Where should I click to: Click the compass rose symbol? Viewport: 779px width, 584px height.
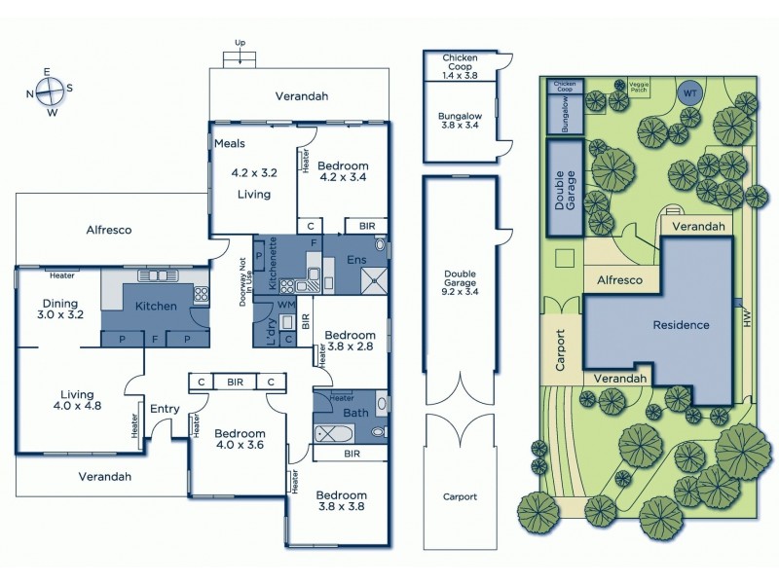49,91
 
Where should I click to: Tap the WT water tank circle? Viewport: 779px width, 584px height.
690,92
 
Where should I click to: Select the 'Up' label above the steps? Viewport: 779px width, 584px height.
240,42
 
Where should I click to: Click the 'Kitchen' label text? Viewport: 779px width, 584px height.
156,306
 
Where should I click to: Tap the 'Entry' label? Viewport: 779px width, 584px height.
165,409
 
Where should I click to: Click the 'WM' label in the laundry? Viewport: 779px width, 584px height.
286,305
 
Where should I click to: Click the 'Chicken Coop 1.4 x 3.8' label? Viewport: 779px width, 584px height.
459,66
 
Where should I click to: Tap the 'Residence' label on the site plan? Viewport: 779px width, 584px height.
681,325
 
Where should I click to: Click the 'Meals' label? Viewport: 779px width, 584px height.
230,144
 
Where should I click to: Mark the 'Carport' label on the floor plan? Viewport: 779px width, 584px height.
460,496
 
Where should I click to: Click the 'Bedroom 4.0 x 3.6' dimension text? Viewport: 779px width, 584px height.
240,440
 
